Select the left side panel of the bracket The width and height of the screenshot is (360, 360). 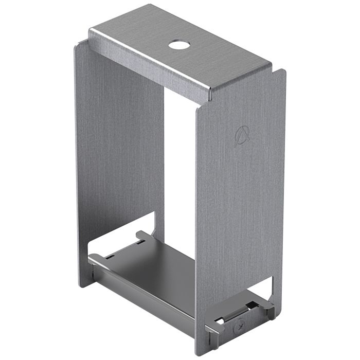(x=118, y=154)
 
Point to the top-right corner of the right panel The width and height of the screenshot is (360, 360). (x=284, y=70)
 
